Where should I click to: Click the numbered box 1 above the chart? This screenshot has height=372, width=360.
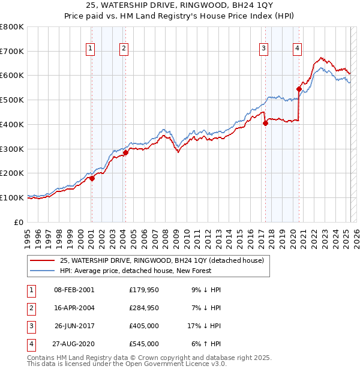[91, 49]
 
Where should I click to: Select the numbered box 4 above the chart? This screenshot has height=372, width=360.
[297, 49]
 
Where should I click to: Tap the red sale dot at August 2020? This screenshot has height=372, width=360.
[299, 89]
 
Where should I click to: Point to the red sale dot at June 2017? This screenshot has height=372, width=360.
[265, 123]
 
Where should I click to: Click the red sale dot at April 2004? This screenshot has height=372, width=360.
[125, 152]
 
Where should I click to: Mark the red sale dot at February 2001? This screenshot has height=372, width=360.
[92, 178]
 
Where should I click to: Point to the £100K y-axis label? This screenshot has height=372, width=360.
[12, 197]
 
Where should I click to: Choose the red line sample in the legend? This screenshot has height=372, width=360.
[43, 261]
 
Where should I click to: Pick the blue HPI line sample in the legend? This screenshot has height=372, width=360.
[43, 271]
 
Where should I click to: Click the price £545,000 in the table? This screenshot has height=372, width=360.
[144, 344]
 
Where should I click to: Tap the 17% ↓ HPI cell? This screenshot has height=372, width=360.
[204, 326]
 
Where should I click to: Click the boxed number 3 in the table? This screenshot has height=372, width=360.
[31, 326]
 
